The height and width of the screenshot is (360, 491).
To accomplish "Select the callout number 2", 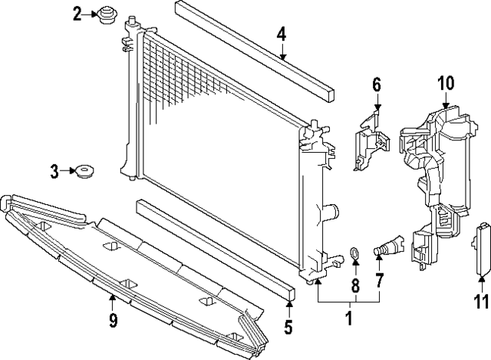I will pos(77,13).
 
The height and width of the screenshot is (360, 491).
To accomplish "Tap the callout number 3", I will pos(54,172).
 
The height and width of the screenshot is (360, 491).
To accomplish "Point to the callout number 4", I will pos(282,34).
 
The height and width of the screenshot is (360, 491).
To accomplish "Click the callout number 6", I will pos(377,84).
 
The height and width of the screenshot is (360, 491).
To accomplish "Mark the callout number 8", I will pos(355,286).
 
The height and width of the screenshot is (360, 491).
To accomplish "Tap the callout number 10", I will pos(446,83).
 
